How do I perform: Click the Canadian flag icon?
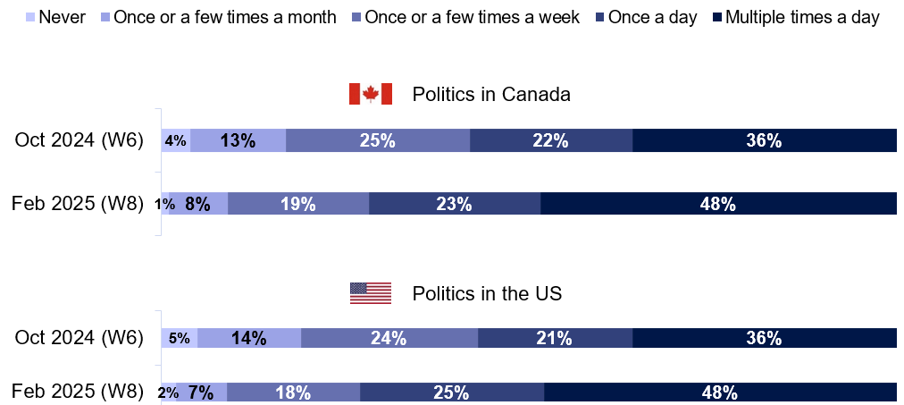point(370,95)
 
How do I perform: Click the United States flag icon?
point(370,293)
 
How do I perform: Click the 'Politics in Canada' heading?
point(490,95)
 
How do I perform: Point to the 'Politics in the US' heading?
point(487,293)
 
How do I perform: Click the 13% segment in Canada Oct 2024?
point(238,140)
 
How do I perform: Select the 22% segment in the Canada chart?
point(550,140)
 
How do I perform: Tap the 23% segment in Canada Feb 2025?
point(454,204)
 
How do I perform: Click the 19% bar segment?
point(297,204)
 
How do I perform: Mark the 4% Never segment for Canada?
point(175,140)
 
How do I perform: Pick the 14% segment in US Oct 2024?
point(248,338)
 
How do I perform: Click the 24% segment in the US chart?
point(389,338)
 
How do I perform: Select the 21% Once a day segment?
point(554,338)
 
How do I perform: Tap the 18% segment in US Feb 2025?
point(293,392)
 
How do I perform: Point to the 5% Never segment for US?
point(179,338)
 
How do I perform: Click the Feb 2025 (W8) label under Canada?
point(78,204)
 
